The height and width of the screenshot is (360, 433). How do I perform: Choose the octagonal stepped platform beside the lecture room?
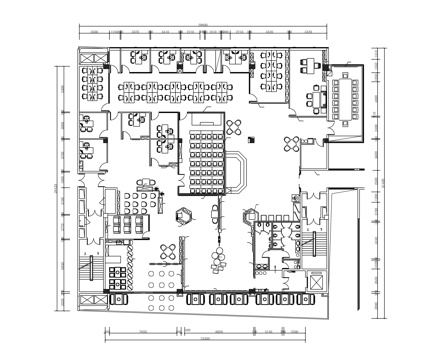239,172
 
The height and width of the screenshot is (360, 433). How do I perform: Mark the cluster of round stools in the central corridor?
216,260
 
